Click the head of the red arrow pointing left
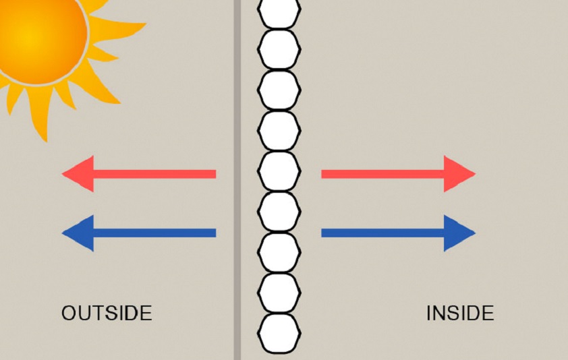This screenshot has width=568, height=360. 78,174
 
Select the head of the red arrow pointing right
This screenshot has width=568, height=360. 459,174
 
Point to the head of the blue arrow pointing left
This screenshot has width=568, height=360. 78,233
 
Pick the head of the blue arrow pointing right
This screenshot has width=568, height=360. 459,233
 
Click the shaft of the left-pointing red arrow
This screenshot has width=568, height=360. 155,174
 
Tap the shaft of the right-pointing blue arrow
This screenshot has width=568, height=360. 383,233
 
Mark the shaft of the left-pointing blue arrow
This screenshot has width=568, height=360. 155,233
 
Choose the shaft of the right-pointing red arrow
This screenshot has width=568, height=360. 383,174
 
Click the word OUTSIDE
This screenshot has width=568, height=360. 107,313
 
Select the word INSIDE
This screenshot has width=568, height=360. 460,313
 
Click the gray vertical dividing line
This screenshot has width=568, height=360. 237,180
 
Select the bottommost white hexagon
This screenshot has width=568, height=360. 279,333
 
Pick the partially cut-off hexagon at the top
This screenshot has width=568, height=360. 279,13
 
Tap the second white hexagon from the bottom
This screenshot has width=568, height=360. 279,293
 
